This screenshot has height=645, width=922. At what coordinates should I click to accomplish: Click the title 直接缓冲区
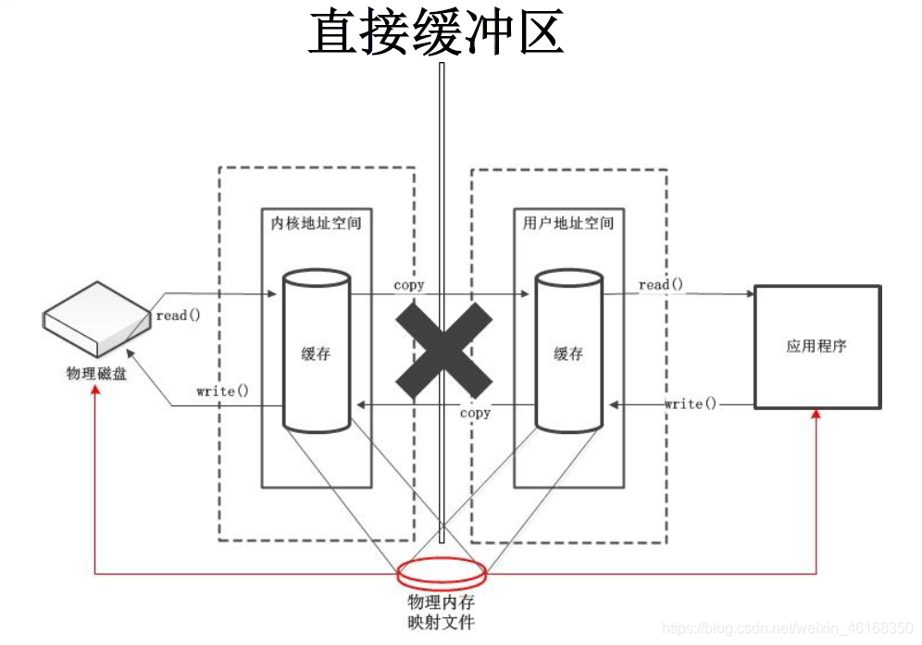tap(435, 33)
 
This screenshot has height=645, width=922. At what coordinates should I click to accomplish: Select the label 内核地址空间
tap(316, 223)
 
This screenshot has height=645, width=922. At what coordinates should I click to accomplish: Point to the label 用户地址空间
tap(567, 223)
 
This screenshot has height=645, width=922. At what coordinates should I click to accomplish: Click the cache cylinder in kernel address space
tap(316, 351)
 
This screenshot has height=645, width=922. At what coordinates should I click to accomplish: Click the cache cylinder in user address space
tap(567, 351)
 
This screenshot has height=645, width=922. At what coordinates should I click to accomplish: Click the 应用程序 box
tap(816, 347)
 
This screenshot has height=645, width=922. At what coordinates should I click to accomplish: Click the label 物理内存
tap(441, 602)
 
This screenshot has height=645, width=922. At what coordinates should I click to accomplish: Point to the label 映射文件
tap(441, 622)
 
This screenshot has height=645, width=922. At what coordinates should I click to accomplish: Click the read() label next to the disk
tap(178, 316)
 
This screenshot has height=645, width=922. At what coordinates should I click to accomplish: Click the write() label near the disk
tap(222, 391)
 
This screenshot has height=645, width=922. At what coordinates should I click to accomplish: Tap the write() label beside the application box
tap(691, 403)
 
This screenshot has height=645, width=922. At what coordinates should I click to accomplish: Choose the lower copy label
tap(475, 413)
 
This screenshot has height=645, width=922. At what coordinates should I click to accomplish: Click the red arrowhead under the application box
tap(816, 416)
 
